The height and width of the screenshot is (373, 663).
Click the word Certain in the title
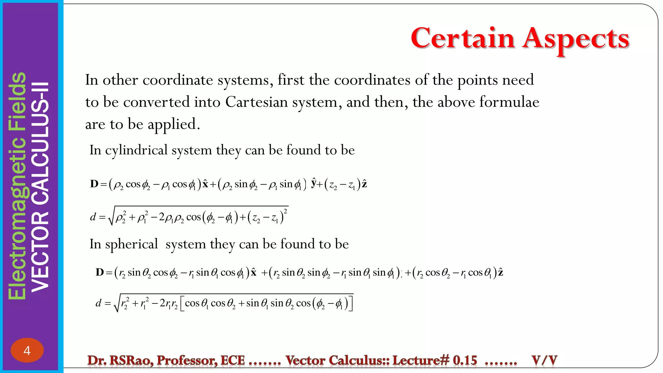coord(463,38)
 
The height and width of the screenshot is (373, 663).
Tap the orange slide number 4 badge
coord(27,350)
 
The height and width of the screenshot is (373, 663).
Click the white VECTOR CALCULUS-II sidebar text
coord(41,187)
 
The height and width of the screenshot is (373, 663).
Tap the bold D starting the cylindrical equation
coord(94,184)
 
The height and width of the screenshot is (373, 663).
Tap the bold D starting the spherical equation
coord(100,272)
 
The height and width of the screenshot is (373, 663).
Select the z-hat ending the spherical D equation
coord(500,272)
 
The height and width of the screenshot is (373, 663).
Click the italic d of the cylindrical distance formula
coord(93,217)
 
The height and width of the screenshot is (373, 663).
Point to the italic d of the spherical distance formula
coord(98,303)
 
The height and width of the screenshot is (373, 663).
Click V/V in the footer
coord(544,360)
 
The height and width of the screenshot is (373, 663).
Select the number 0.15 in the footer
coord(465,360)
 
